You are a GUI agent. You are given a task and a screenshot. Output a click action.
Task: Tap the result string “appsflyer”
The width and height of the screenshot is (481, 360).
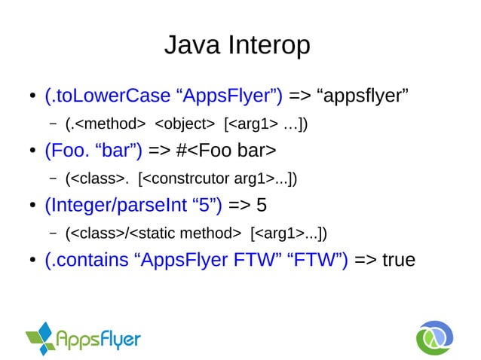click(364, 96)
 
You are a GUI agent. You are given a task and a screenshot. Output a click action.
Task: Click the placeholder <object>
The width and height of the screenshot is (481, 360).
click(184, 123)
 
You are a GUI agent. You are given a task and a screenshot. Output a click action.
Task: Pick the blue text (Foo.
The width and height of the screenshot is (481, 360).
click(66, 151)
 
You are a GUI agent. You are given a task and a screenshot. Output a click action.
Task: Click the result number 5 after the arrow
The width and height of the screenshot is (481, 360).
click(262, 205)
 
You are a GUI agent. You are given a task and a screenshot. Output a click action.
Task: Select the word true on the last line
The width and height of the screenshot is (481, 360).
click(399, 260)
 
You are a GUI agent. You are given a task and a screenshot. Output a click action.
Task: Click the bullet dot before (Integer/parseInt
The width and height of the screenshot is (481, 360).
click(32, 206)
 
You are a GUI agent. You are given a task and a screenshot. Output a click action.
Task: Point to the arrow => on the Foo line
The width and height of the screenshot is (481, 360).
click(161, 151)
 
